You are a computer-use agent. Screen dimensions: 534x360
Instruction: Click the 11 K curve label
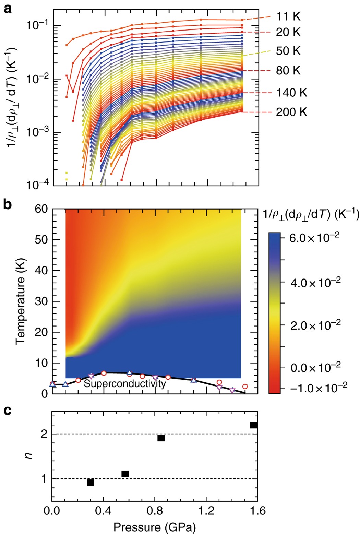tap(288, 16)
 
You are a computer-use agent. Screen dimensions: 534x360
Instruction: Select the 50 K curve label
tap(288, 51)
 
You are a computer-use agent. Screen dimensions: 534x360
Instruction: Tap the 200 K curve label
tap(291, 112)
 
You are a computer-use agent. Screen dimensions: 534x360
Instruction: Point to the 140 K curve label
tap(291, 93)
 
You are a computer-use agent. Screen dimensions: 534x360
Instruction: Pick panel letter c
tap(8, 410)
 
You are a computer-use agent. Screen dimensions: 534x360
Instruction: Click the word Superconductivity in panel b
tap(125, 383)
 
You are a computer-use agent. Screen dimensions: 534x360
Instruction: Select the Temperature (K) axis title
tap(20, 301)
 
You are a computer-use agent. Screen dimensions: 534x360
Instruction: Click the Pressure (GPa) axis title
tap(155, 527)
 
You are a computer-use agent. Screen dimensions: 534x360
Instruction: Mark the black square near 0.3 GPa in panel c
tap(90, 483)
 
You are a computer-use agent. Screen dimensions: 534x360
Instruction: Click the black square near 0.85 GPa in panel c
tap(161, 438)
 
